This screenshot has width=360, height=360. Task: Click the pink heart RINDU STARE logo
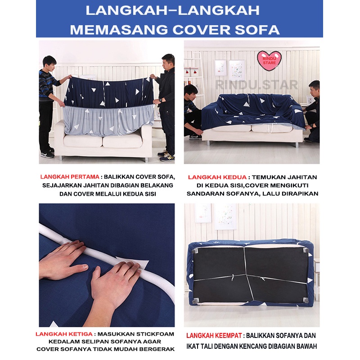269,59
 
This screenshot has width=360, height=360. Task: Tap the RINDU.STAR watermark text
256,84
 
